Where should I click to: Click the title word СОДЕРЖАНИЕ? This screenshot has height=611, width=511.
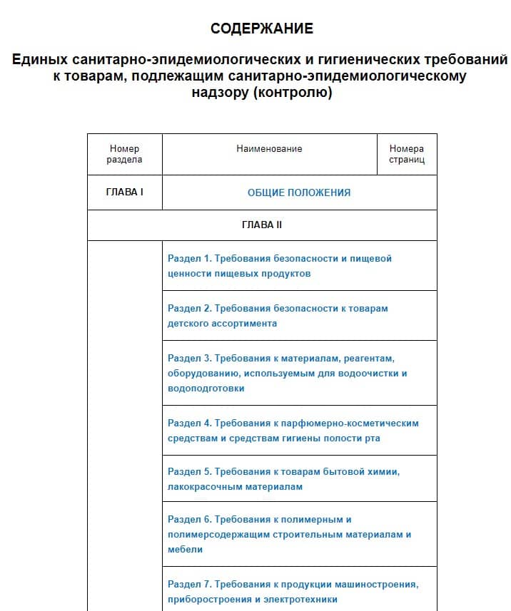tap(262, 29)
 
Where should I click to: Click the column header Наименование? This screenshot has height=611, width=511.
tap(269, 149)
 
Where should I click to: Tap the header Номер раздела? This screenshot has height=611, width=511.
tap(124, 154)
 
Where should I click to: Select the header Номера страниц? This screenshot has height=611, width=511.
tap(407, 154)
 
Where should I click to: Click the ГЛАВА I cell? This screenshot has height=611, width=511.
tap(124, 192)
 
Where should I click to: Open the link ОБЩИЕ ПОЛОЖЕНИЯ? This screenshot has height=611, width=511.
tap(299, 192)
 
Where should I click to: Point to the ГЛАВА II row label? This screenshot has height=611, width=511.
tap(262, 225)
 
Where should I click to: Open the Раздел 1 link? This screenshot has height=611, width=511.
tap(280, 265)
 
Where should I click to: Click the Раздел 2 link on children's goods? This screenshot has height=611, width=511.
tap(278, 315)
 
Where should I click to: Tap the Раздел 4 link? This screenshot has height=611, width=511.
tap(293, 431)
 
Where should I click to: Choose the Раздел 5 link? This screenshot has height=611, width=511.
tap(283, 479)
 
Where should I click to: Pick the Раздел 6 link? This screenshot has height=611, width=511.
tap(289, 534)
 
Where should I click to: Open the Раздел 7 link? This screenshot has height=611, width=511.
tap(293, 592)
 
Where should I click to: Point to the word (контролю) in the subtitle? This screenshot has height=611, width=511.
tap(293, 93)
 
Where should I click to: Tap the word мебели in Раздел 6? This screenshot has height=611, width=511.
tap(186, 550)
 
